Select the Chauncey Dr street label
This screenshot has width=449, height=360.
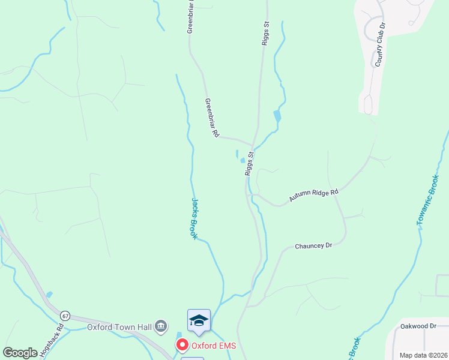(313, 246)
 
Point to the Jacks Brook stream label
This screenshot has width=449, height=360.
(194, 218)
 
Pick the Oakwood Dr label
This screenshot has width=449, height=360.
(418, 326)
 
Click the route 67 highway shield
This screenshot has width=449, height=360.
(65, 316)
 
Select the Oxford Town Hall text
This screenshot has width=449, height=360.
(120, 327)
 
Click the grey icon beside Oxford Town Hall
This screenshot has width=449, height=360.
(161, 326)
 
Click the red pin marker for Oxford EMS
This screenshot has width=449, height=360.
(182, 345)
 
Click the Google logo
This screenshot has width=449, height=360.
(20, 353)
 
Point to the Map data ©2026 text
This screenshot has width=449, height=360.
(423, 355)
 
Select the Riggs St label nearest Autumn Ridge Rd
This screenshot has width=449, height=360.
(250, 163)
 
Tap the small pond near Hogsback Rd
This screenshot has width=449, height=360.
(49, 295)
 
